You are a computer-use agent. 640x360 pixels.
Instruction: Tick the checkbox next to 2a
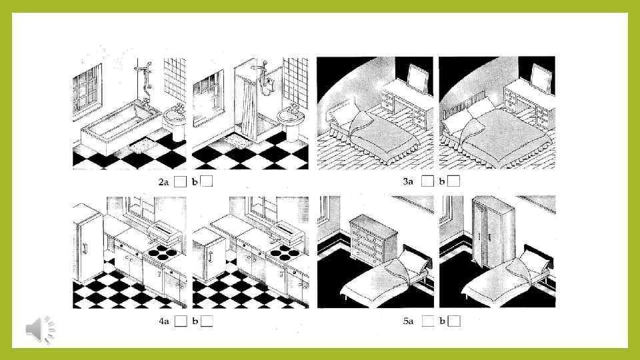coord(181,181)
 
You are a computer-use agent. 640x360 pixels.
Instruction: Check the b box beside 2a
coord(207,181)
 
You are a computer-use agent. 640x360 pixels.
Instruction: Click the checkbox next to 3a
coord(427,181)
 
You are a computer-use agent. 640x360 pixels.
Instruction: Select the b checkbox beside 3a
coord(454,181)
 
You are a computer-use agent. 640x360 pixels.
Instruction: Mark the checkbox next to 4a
coord(181,321)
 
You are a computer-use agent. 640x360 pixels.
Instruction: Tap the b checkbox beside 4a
coord(207,321)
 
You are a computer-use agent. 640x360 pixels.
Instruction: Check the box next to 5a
coord(428,321)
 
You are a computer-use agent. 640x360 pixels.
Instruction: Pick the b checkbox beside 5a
coord(454,321)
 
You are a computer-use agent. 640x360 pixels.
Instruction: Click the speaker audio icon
coord(40,329)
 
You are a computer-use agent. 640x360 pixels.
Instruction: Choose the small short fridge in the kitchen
coord(209,254)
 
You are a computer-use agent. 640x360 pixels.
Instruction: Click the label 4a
coord(164,321)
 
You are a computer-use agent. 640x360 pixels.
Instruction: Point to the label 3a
coord(408,181)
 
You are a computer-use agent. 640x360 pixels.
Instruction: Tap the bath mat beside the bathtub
coord(143,145)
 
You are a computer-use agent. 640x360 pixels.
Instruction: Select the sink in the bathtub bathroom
coord(175,121)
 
